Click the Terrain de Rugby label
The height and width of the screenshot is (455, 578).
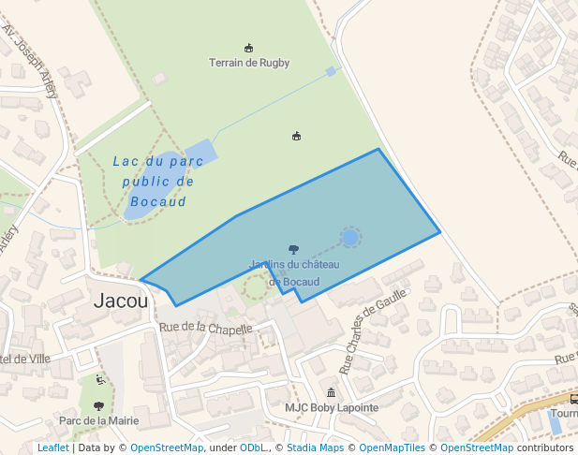(x=248, y=63)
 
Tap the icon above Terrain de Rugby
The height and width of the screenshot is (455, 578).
(x=248, y=48)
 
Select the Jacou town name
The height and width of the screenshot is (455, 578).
(x=121, y=301)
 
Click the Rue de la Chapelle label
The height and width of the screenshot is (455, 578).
(x=206, y=329)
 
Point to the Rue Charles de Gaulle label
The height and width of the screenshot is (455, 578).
(x=372, y=330)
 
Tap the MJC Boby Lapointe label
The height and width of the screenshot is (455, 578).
(x=332, y=408)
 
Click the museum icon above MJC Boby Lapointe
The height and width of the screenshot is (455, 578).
(x=331, y=392)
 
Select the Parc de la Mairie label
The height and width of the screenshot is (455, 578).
(x=98, y=420)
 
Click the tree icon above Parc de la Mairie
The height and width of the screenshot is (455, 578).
(x=98, y=405)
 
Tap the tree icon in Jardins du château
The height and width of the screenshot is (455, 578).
(x=294, y=250)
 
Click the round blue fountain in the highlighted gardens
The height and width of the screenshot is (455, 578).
(x=349, y=238)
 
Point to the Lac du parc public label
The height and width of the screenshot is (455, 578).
(x=158, y=181)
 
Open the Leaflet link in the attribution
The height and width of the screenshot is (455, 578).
(x=52, y=448)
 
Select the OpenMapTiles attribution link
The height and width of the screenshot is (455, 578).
(x=395, y=448)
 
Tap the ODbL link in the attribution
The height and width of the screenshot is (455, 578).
(x=254, y=448)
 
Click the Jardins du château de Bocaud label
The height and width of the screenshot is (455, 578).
(x=294, y=273)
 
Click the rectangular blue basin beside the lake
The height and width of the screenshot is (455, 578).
(x=200, y=152)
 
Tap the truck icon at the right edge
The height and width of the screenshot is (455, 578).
(x=572, y=398)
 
